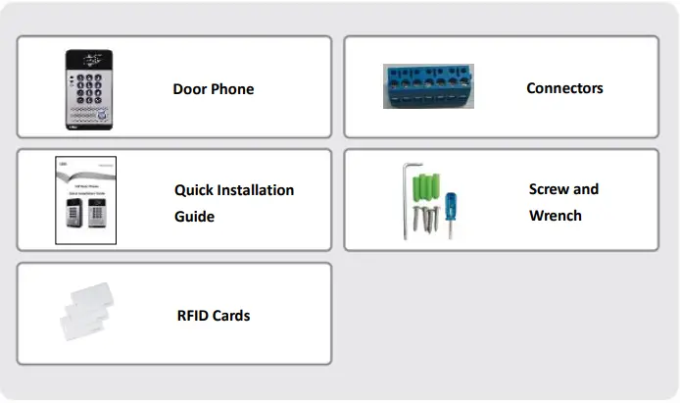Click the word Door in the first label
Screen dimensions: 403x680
pyautogui.click(x=190, y=89)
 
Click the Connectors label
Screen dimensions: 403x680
pyautogui.click(x=564, y=88)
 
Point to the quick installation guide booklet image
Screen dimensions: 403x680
pyautogui.click(x=85, y=200)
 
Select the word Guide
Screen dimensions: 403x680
pyautogui.click(x=194, y=216)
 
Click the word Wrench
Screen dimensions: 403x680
pyautogui.click(x=555, y=215)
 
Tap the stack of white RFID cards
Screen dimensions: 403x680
pyautogui.click(x=89, y=314)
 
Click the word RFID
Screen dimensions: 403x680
pyautogui.click(x=192, y=316)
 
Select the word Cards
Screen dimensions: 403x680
pyautogui.click(x=231, y=316)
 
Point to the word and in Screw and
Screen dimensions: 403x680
pyautogui.click(x=586, y=189)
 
